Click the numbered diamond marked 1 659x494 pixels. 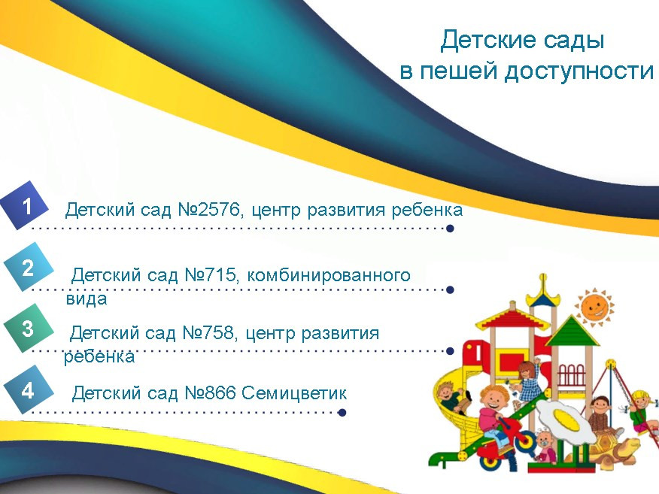(26, 206)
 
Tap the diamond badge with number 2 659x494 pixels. (29, 267)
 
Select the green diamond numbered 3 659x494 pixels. (29, 328)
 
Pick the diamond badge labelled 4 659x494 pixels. (29, 389)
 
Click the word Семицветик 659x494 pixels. (294, 393)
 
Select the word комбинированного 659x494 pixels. (328, 275)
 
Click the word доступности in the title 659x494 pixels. (579, 71)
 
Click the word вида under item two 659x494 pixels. (87, 299)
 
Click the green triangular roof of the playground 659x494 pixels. (572, 332)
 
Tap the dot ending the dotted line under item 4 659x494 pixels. (342, 413)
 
